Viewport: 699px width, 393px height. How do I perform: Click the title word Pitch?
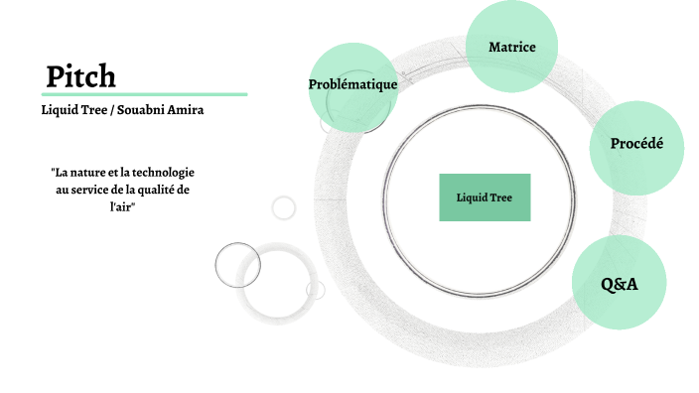coord(81,75)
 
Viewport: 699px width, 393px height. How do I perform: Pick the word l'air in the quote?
coord(122,205)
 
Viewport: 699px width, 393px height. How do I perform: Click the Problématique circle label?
coord(352,84)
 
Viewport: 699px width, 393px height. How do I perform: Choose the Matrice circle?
coord(512,47)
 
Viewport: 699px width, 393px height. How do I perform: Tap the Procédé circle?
coord(636,144)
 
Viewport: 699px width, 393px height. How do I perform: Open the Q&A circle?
coord(619,284)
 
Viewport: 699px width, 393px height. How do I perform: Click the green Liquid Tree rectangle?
coord(485,197)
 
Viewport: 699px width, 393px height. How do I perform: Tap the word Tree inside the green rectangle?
coord(500,197)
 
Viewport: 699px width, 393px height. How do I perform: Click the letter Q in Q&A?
coord(608,284)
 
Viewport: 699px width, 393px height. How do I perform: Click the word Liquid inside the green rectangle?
coord(471,197)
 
